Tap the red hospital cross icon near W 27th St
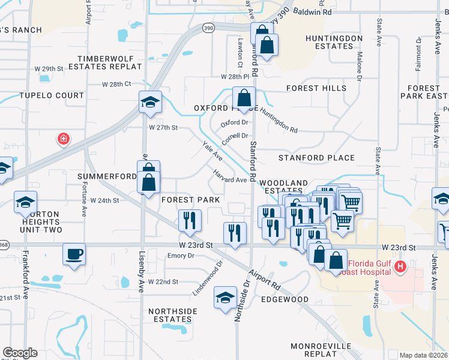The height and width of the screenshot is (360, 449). [x=62, y=140]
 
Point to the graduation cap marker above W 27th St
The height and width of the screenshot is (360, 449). [x=150, y=101]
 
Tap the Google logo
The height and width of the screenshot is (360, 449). [x=20, y=353]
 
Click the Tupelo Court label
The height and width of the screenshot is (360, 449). [x=52, y=95]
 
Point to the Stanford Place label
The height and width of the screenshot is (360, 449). [x=316, y=158]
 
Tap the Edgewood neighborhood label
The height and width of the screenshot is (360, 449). [x=286, y=299]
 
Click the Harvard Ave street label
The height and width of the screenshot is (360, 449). [x=230, y=177]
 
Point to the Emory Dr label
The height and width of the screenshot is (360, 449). [x=181, y=256]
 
